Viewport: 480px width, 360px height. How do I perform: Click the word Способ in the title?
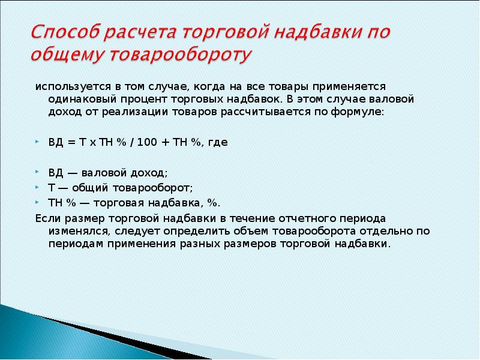[65, 32]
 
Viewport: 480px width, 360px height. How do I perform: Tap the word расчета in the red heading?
[139, 32]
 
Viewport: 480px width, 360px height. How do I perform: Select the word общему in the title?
[68, 55]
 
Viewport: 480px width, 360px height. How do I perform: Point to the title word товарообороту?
[181, 55]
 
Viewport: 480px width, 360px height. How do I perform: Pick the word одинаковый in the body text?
[82, 99]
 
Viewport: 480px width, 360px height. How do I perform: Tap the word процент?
[144, 100]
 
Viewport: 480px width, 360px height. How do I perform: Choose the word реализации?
[134, 112]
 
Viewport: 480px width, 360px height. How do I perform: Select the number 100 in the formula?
[147, 142]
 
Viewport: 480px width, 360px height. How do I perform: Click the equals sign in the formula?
[71, 142]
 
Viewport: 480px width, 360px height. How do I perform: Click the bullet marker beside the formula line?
[37, 142]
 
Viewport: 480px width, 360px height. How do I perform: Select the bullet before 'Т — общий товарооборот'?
[37, 187]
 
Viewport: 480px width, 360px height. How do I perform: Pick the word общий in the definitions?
[90, 188]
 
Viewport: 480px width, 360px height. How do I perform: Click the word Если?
[48, 218]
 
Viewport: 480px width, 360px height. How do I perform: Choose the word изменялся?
[79, 232]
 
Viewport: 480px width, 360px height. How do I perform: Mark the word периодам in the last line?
[76, 244]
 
